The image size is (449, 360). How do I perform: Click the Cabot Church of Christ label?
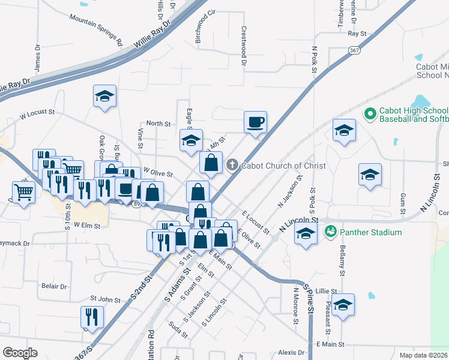tap(284, 166)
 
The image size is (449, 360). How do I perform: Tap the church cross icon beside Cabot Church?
tap(232, 165)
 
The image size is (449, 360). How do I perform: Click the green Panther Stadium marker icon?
tap(330, 231)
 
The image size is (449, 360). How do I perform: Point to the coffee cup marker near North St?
tap(255, 122)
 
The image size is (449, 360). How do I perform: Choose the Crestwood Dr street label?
tap(244, 45)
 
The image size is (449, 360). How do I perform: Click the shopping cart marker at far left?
tap(23, 193)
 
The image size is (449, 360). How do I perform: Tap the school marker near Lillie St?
tap(343, 305)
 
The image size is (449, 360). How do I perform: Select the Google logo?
tap(20, 352)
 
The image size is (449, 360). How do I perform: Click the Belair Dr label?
tap(54, 287)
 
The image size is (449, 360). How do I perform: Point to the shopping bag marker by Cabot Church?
tap(211, 162)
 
